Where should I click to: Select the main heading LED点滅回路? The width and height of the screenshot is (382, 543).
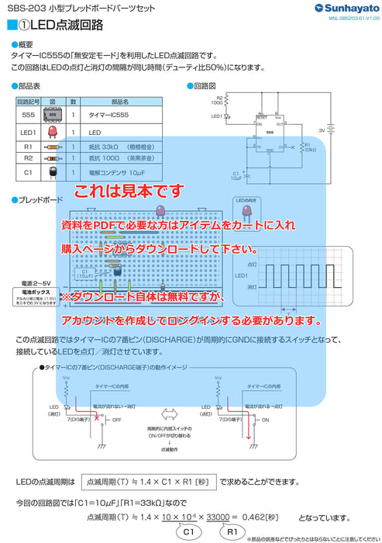coord(65,24)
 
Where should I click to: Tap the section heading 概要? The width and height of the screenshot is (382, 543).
coord(25,44)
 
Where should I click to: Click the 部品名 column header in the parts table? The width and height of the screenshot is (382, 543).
coord(120,102)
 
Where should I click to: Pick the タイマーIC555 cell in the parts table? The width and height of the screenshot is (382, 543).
coord(108,113)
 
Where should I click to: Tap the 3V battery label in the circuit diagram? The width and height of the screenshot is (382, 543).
coord(322,131)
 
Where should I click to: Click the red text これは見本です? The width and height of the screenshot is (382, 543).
coord(129,191)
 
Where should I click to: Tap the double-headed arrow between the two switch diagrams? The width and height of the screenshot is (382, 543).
coord(168,413)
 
